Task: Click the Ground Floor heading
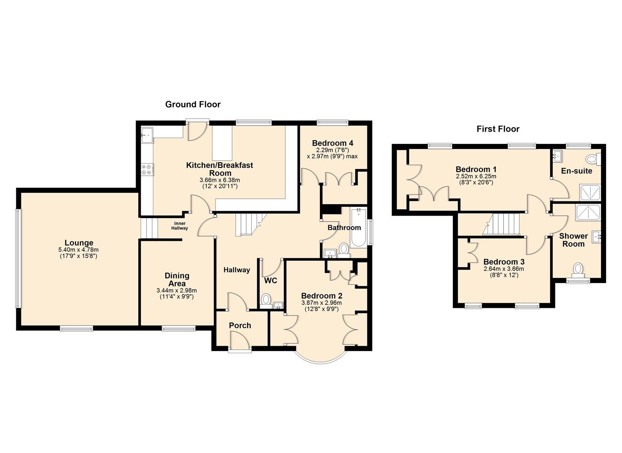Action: point(193,104)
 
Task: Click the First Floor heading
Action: point(498,129)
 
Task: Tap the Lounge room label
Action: point(79,243)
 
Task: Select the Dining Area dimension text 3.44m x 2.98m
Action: point(176,290)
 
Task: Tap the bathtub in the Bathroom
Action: point(359,227)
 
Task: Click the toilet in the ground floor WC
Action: point(266,300)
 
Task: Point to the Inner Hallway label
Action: point(179,226)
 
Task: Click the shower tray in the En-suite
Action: point(590,192)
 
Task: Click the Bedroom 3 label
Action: point(503,262)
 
